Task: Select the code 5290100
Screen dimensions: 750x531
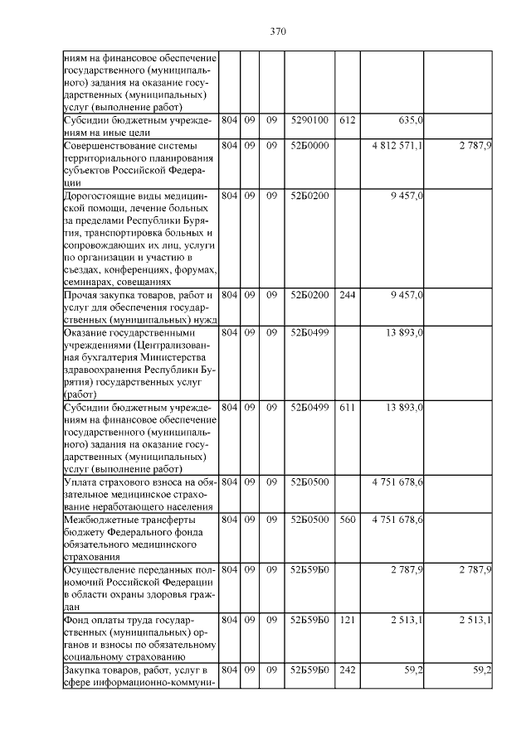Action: tap(309, 120)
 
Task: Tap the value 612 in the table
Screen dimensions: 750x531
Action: tap(347, 120)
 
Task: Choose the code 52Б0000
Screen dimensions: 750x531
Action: tap(309, 145)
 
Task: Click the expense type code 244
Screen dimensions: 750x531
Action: tap(347, 294)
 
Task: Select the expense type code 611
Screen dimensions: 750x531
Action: tap(347, 407)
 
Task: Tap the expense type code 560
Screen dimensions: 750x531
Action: tap(347, 520)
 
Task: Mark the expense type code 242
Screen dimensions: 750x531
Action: tap(347, 670)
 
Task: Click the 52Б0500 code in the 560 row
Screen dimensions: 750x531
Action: tap(309, 520)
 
